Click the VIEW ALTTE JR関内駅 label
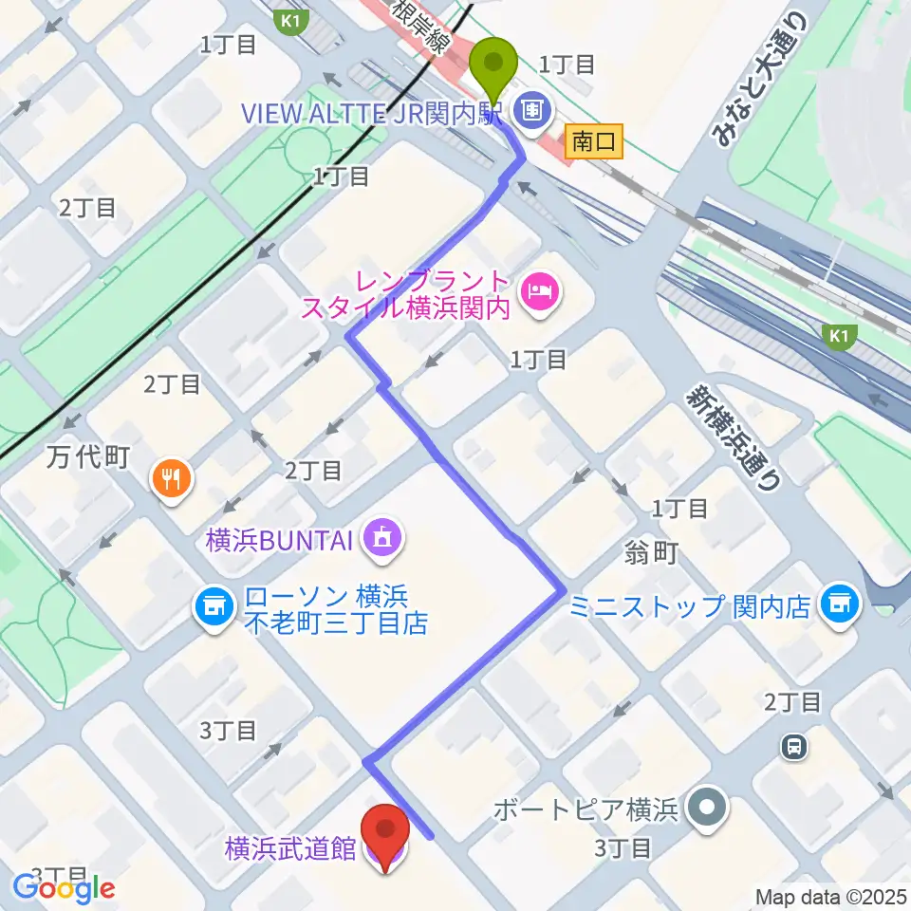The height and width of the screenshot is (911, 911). (376, 113)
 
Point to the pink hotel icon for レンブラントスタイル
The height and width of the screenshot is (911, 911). (542, 284)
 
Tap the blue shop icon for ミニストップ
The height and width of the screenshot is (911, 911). (838, 602)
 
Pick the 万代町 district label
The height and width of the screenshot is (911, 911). (86, 458)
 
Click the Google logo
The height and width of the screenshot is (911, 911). (65, 888)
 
